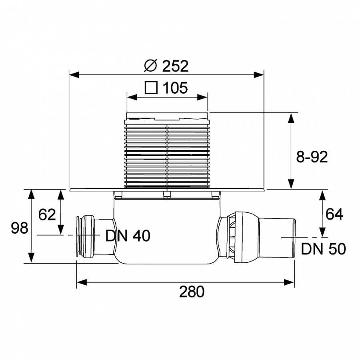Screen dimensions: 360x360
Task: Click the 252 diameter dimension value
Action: [175, 66]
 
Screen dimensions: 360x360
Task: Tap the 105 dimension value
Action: [175, 88]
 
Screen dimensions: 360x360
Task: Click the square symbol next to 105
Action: [151, 88]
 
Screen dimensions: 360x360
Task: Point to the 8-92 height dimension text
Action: [312, 157]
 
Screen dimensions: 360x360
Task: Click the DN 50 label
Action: [323, 249]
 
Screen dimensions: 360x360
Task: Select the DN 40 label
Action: [128, 236]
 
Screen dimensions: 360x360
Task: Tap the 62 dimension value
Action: [47, 215]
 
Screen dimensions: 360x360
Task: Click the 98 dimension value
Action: [19, 228]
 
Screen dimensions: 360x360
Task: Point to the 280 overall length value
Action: [191, 292]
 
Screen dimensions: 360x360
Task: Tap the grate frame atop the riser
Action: [167, 116]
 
